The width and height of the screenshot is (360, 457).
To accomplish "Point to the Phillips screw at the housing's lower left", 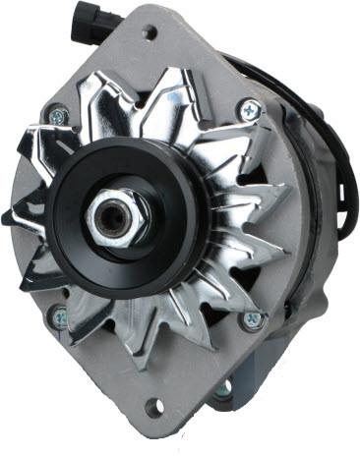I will click(59, 316).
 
